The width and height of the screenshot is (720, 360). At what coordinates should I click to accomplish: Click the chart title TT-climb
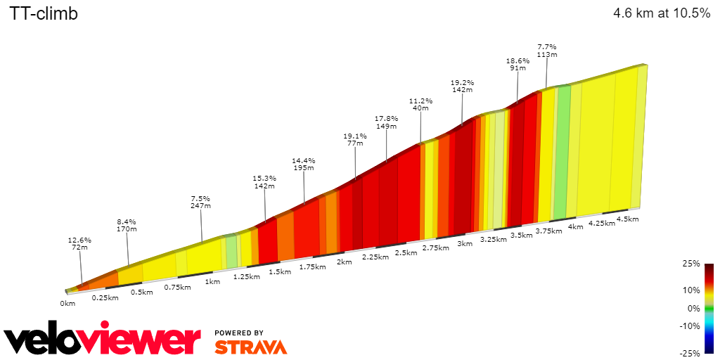point(44,13)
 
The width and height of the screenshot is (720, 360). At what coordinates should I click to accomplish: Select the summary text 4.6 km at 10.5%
point(662,13)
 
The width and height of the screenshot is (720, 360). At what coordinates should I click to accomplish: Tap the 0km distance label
point(67,304)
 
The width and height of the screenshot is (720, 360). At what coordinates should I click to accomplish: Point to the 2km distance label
point(344,262)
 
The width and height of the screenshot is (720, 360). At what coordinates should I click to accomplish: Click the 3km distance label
point(464,243)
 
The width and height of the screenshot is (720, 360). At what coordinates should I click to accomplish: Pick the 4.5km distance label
point(627,219)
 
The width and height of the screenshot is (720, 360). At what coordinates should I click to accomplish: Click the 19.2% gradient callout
point(462,86)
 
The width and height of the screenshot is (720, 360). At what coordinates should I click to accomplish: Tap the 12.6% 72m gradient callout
point(79,244)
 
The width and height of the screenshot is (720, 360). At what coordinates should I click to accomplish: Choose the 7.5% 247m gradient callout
point(201,202)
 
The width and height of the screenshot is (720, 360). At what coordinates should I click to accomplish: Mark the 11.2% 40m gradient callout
point(420,104)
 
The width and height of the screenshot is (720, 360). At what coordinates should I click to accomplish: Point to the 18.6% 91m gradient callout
point(517,65)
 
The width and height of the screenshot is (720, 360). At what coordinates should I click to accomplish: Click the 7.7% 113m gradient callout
point(547,50)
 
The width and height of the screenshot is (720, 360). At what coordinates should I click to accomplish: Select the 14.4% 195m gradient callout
point(304,164)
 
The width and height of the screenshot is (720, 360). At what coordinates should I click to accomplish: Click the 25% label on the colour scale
point(691,264)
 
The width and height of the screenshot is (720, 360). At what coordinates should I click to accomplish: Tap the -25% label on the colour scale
point(690,353)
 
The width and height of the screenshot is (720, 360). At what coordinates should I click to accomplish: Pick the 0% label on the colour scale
point(693,308)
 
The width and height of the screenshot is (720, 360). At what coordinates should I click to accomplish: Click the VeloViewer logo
point(103,340)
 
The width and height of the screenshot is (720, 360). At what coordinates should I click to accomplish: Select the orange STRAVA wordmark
point(250,347)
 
